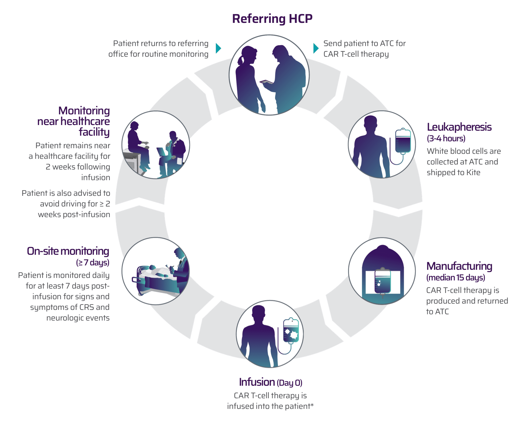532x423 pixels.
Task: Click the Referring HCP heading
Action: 272,19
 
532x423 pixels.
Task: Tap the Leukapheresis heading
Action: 459,127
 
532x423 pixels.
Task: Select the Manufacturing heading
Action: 459,266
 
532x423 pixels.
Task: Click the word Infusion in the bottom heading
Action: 257,382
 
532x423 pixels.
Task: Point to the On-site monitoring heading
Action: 68,251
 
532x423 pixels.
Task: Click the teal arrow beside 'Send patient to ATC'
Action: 316,48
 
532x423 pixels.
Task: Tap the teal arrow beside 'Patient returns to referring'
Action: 218,48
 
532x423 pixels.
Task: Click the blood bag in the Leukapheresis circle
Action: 403,141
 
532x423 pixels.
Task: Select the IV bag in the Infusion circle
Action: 291,331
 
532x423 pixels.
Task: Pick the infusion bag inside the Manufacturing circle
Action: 383,281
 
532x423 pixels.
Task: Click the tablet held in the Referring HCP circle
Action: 267,82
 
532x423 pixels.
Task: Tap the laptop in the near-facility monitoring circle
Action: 162,152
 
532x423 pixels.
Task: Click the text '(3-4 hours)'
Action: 446,138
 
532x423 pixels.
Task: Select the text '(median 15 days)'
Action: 456,278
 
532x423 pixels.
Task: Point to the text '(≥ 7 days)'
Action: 93,262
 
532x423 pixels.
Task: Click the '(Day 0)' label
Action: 289,383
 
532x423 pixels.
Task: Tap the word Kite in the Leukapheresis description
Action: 473,172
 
